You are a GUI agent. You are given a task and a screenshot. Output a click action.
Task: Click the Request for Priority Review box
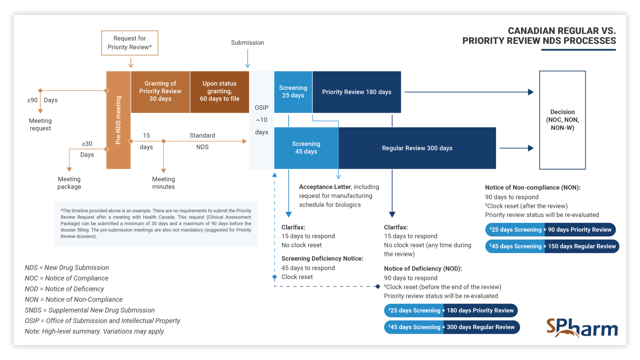(129, 43)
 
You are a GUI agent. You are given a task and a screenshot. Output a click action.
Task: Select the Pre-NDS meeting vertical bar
(118, 120)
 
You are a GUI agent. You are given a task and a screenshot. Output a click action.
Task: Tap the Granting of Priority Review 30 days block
(160, 91)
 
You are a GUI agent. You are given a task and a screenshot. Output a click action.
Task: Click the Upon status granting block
(219, 91)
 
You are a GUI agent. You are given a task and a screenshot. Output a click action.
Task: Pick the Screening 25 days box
(293, 92)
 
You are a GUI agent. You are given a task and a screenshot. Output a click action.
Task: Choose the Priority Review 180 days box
(356, 92)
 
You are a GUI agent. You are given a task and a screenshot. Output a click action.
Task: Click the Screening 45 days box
(306, 148)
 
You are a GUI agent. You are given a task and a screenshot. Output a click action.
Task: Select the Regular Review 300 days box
(417, 148)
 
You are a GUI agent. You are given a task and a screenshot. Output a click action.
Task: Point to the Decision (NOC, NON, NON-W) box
(562, 120)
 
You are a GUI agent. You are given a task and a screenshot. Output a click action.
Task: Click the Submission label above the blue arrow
(247, 43)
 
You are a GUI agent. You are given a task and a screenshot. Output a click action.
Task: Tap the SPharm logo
(582, 328)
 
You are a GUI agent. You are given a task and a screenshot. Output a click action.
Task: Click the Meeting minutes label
(163, 183)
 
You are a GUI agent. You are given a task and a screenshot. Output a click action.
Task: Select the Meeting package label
(69, 183)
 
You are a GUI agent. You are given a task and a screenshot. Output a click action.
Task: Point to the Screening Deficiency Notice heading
(322, 258)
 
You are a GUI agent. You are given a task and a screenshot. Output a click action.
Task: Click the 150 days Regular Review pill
(582, 246)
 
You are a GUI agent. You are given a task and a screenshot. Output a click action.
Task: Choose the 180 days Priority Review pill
(480, 310)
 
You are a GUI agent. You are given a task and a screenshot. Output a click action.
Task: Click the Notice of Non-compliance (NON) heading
(532, 187)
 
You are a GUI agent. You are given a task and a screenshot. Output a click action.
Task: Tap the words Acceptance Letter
(325, 187)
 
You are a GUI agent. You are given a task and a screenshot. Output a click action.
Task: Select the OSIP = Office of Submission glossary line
(102, 321)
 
